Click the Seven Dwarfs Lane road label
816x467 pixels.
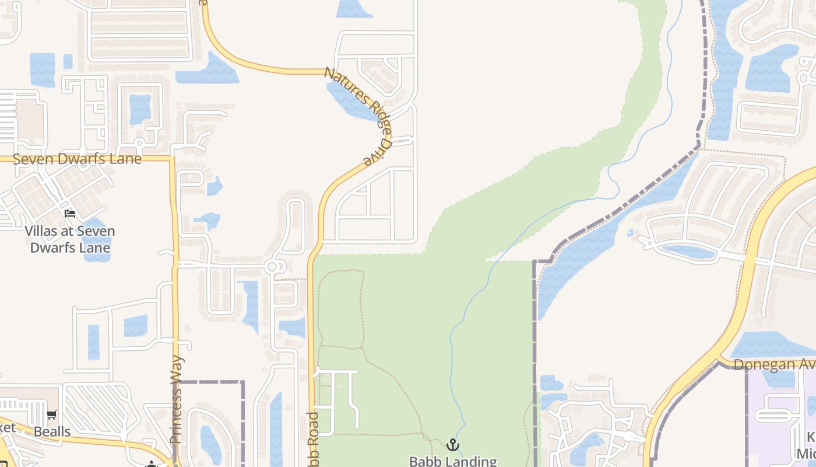tap(77, 159)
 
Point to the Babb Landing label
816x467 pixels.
tap(453, 461)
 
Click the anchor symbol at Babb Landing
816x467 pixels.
tap(453, 445)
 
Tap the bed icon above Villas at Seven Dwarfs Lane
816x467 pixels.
tap(70, 214)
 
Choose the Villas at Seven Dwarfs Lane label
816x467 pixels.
tap(70, 239)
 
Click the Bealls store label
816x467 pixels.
tap(52, 432)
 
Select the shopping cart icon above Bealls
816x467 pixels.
tap(52, 415)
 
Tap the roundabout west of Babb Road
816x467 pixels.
tap(272, 267)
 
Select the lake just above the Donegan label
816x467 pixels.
tap(769, 345)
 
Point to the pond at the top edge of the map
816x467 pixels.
tap(353, 8)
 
